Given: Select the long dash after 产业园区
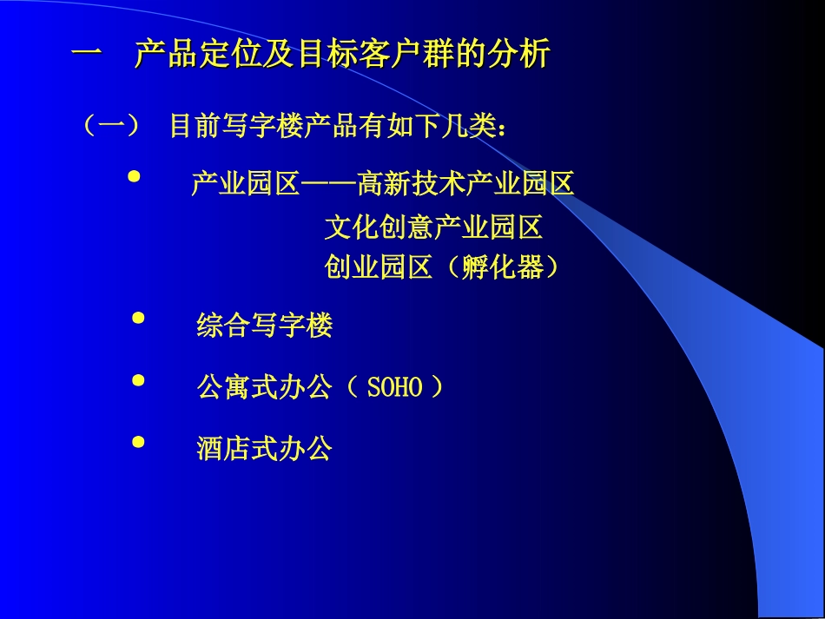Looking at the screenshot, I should point(328,184).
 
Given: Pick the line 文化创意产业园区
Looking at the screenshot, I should point(433,227).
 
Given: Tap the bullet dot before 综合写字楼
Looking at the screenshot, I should point(137,319).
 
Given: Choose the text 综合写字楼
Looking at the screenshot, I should point(265,326).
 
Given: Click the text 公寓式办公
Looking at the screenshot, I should point(265,387).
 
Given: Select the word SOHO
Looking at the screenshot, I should point(394,388).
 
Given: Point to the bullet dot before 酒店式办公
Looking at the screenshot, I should point(137,442).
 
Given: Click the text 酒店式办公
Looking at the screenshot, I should point(265,449).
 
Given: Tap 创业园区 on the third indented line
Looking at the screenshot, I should point(379,267).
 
